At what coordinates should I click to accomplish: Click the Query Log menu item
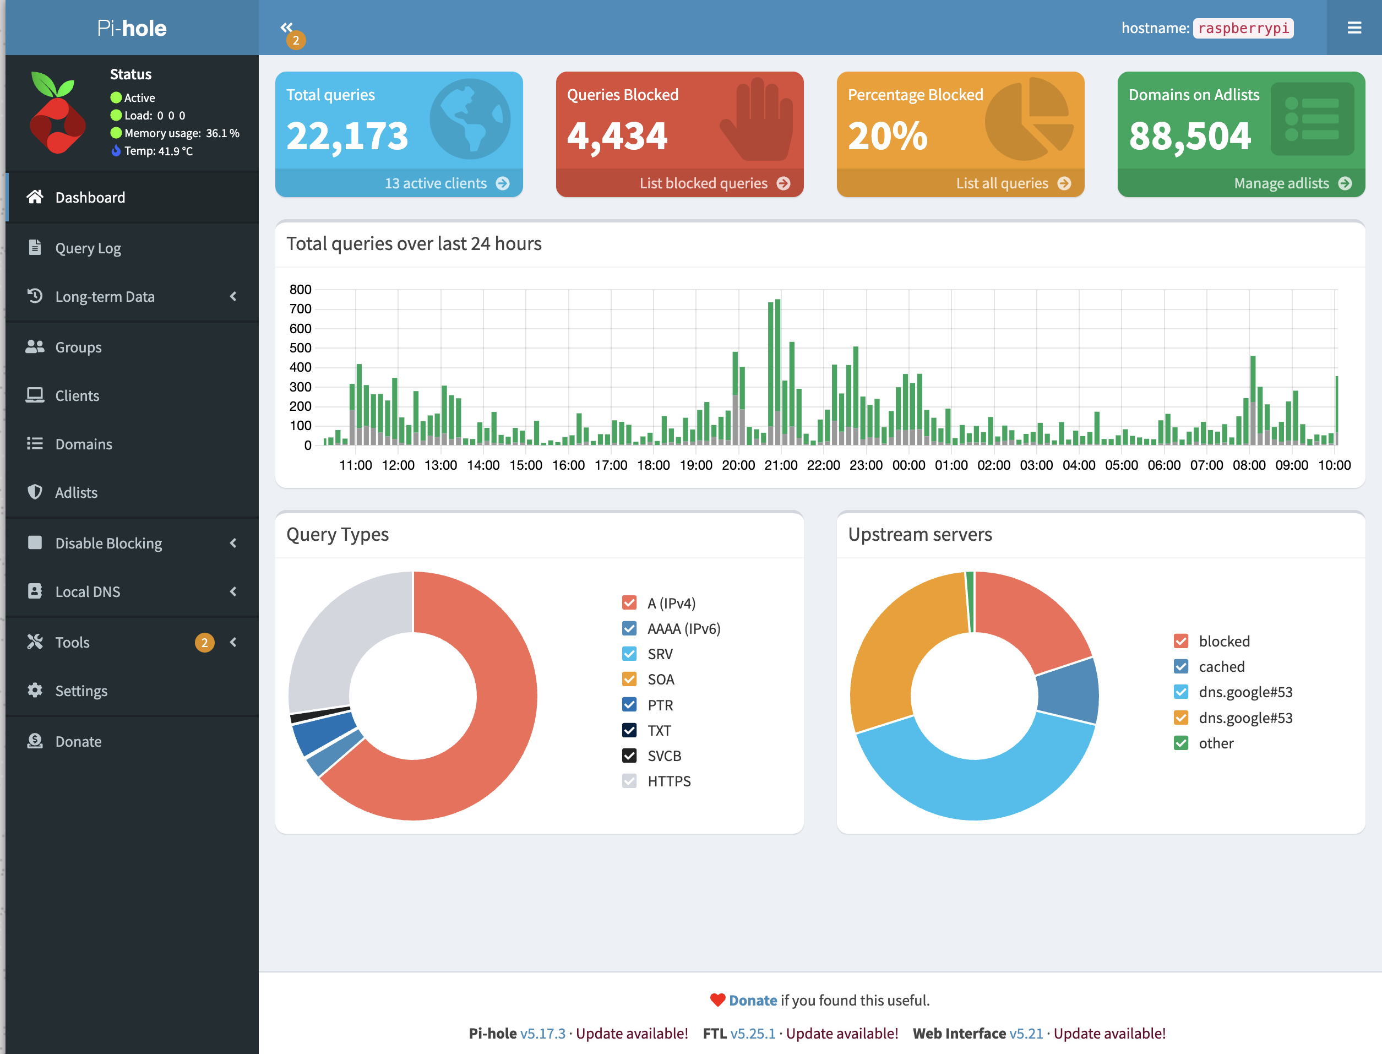[88, 248]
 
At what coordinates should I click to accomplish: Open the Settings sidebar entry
[81, 691]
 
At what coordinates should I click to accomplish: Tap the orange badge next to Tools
[204, 643]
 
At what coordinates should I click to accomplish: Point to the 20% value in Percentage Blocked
[887, 136]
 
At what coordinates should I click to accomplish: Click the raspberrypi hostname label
[1243, 28]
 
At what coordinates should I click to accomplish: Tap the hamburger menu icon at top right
[1354, 28]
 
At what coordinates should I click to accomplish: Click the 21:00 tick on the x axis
[780, 465]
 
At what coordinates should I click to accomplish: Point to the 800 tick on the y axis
[301, 289]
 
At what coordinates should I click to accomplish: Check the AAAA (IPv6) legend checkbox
[629, 629]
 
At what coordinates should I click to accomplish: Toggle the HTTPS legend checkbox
[629, 781]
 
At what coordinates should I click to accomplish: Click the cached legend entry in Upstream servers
[1221, 666]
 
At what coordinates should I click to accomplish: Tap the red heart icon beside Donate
[717, 1000]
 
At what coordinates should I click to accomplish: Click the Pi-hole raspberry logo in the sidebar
[57, 113]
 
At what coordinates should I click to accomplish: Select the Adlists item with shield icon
[75, 492]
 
